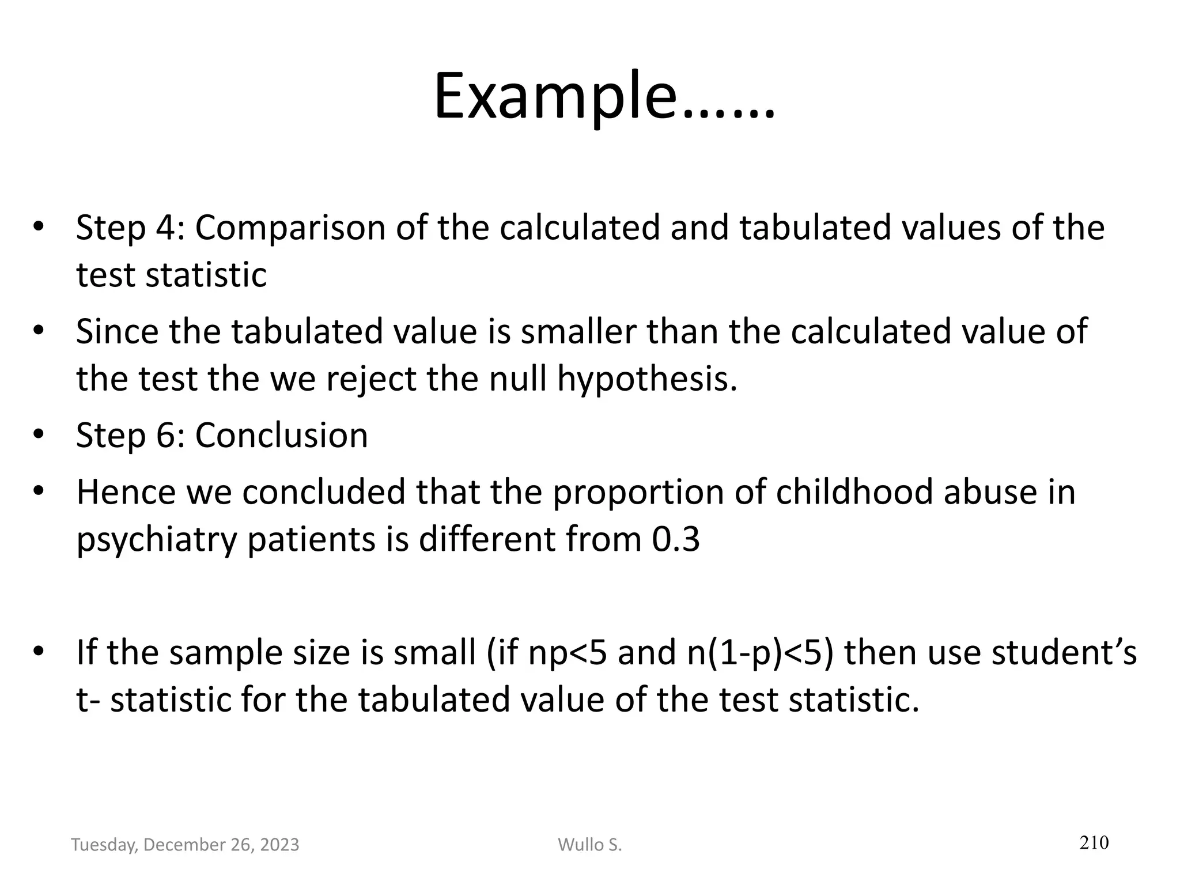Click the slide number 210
[x=1094, y=843]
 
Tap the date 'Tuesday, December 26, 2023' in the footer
[x=185, y=845]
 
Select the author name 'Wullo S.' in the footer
[x=590, y=845]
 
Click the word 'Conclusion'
[x=281, y=435]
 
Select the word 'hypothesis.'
[x=647, y=380]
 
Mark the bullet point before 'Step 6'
[x=39, y=434]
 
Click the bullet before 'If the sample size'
[x=39, y=652]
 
